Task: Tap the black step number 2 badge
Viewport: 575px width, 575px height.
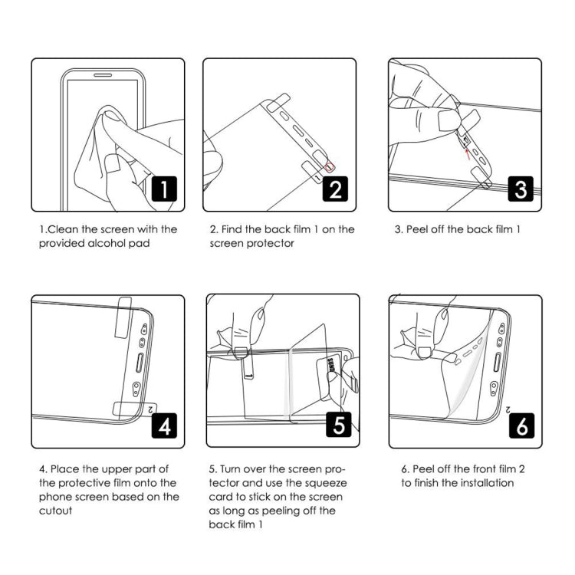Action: click(x=335, y=188)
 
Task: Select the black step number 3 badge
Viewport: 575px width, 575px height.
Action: click(x=520, y=188)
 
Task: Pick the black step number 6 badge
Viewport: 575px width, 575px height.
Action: click(x=521, y=424)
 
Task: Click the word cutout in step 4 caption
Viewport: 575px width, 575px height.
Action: click(x=56, y=511)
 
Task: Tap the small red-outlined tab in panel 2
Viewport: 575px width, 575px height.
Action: click(x=330, y=166)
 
